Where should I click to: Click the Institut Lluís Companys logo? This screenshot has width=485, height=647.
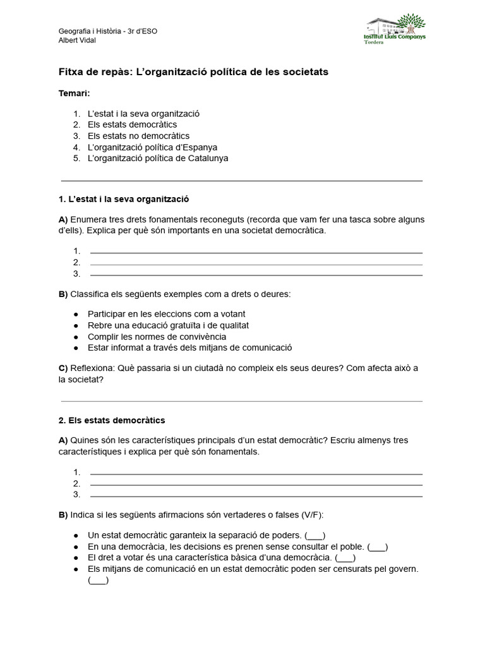tap(396, 31)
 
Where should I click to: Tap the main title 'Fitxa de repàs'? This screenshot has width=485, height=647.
tap(95, 72)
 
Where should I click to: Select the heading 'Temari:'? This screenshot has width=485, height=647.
tap(74, 93)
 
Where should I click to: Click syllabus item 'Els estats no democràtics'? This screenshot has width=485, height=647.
tap(138, 136)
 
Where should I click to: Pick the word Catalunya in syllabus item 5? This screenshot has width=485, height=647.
tap(208, 158)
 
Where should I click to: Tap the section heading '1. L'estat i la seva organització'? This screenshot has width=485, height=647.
tap(124, 198)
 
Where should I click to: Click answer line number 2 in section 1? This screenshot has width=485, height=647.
tap(256, 263)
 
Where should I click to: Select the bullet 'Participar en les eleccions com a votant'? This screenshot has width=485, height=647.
tap(166, 314)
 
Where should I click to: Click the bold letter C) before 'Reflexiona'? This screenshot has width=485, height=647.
tap(63, 368)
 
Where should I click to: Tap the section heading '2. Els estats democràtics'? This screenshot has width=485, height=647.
tap(111, 420)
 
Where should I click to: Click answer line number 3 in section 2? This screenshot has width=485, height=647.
tap(256, 495)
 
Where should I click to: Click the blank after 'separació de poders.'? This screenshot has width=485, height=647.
tap(314, 535)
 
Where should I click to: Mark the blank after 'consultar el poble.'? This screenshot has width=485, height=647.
tap(377, 547)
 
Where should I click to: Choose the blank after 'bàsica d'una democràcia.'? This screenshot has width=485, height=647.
tap(345, 558)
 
